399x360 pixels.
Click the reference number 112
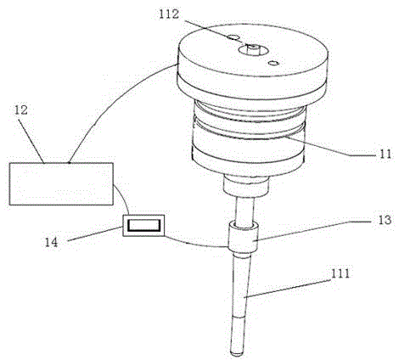pyautogui.click(x=169, y=14)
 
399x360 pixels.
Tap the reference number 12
pyautogui.click(x=21, y=110)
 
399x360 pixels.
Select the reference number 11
pyautogui.click(x=385, y=154)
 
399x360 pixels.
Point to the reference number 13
pyautogui.click(x=385, y=220)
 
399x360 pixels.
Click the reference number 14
pyautogui.click(x=52, y=242)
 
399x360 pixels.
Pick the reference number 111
pyautogui.click(x=340, y=273)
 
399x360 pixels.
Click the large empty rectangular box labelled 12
pyautogui.click(x=61, y=184)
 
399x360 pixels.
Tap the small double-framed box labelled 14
pyautogui.click(x=143, y=225)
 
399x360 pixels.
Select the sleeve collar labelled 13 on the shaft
pyautogui.click(x=244, y=236)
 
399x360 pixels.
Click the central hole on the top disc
pyautogui.click(x=253, y=50)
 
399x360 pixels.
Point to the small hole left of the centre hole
pyautogui.click(x=233, y=37)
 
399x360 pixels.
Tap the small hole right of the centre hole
pyautogui.click(x=274, y=63)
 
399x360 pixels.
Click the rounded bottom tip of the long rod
pyautogui.click(x=237, y=353)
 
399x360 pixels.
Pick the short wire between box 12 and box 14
pyautogui.click(x=124, y=197)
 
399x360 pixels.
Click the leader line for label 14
pyautogui.click(x=95, y=234)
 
